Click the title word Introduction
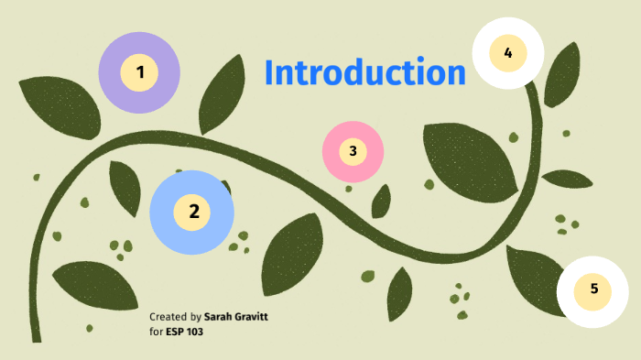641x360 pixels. point(364,73)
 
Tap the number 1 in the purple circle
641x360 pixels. point(140,71)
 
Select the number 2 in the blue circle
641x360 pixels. point(193,212)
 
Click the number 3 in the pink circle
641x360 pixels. point(353,150)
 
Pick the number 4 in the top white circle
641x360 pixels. point(507,52)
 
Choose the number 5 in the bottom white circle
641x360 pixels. point(593,289)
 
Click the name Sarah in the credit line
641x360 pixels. point(221,317)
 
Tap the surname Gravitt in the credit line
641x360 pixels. point(254,317)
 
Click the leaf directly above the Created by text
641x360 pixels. point(87,284)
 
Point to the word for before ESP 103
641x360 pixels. point(155,331)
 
